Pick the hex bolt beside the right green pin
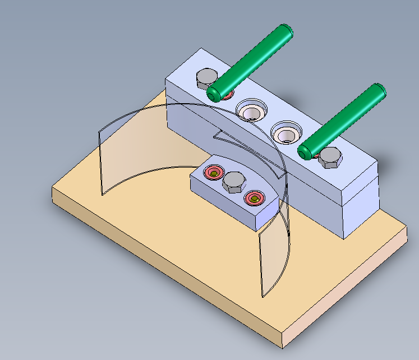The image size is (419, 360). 330,158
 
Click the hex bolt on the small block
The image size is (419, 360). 233,182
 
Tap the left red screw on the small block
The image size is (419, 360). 214,172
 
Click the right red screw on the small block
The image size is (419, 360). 255,198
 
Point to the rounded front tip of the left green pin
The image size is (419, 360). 214,93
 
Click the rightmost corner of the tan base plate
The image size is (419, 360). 407,227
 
